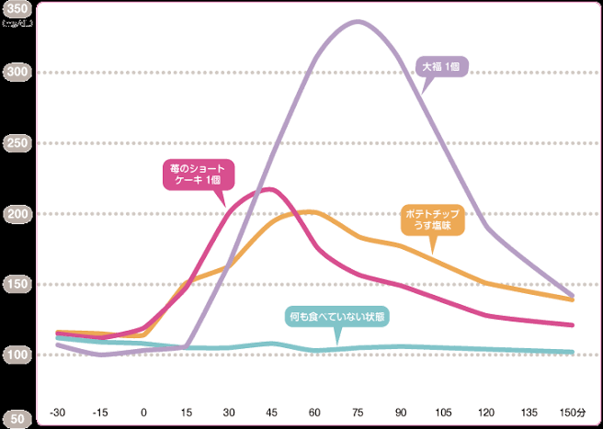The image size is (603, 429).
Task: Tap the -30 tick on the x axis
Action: coord(57,413)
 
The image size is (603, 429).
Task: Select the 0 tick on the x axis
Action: coord(143,413)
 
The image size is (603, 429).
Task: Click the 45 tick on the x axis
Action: coord(271,413)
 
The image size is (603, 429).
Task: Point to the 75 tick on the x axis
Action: coord(357,413)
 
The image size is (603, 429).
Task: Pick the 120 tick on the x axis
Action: coord(485,413)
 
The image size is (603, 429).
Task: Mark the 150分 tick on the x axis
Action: coord(571,413)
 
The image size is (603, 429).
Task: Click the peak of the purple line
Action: coord(357,21)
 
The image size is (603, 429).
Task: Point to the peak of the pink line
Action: coord(269,189)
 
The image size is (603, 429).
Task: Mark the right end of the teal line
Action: coord(572,352)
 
